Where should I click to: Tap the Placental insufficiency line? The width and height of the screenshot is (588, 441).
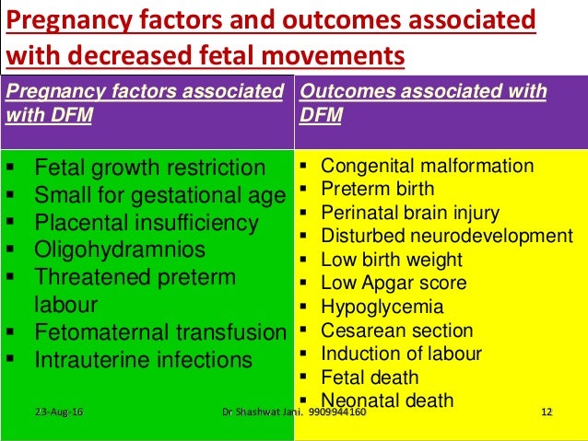pos(147,223)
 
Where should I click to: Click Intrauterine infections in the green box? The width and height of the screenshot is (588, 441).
pos(143,360)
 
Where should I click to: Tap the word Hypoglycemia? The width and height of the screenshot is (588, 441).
pos(382,308)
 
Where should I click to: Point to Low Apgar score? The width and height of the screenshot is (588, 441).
pos(394,284)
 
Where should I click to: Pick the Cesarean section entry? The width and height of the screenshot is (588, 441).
pos(396,331)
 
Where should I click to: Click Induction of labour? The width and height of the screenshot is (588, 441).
pos(401,354)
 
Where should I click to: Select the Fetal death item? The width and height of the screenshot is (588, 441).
pos(370,377)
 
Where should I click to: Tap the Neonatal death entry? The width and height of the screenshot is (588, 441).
pos(387,400)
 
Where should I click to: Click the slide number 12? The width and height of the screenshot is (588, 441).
pos(546,411)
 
